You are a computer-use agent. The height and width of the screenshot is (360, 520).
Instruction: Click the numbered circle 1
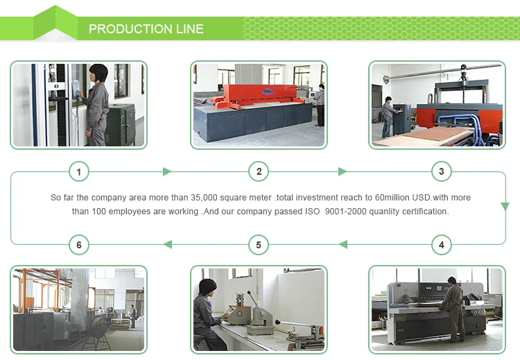[79, 171]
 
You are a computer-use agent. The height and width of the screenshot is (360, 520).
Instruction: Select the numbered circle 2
[259, 171]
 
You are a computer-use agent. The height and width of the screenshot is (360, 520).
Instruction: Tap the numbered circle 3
[442, 171]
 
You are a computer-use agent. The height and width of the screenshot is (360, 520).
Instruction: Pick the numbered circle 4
[442, 245]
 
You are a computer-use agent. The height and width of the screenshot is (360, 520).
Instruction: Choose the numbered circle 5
[259, 245]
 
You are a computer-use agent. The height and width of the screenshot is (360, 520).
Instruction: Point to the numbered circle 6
[79, 245]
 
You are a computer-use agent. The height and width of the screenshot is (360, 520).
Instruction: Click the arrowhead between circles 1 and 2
[167, 171]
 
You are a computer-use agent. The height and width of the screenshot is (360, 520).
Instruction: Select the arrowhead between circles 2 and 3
[343, 171]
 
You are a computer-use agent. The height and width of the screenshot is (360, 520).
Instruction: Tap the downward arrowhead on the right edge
[505, 207]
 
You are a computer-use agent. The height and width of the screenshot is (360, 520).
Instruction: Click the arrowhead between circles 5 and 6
[168, 245]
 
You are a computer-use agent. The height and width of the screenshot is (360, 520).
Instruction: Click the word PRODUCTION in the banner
[130, 29]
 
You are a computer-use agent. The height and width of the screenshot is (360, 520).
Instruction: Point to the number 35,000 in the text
[204, 198]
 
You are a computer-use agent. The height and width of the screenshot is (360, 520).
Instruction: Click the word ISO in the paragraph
[312, 212]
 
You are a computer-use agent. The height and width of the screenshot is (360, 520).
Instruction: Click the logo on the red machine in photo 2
[268, 92]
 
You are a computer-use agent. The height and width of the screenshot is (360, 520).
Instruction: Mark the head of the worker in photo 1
[98, 73]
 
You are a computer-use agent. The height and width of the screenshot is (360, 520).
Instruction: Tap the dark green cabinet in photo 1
[122, 123]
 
